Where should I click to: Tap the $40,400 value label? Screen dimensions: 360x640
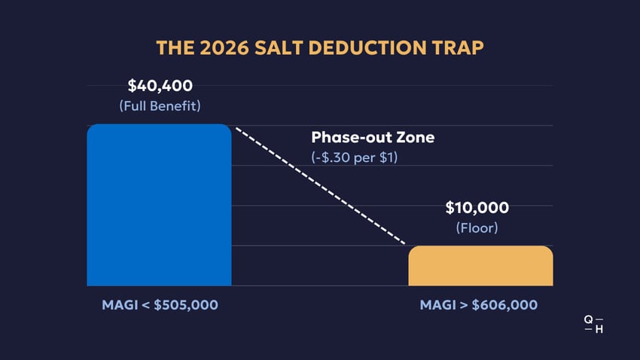[160, 85]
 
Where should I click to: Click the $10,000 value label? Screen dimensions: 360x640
[477, 207]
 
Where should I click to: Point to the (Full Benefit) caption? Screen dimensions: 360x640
[160, 105]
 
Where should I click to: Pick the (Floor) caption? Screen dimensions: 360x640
[477, 227]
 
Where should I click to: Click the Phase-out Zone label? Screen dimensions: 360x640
[373, 138]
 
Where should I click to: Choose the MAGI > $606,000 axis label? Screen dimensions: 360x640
[478, 305]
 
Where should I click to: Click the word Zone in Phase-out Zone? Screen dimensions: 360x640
[416, 138]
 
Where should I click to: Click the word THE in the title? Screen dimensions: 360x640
[172, 47]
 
